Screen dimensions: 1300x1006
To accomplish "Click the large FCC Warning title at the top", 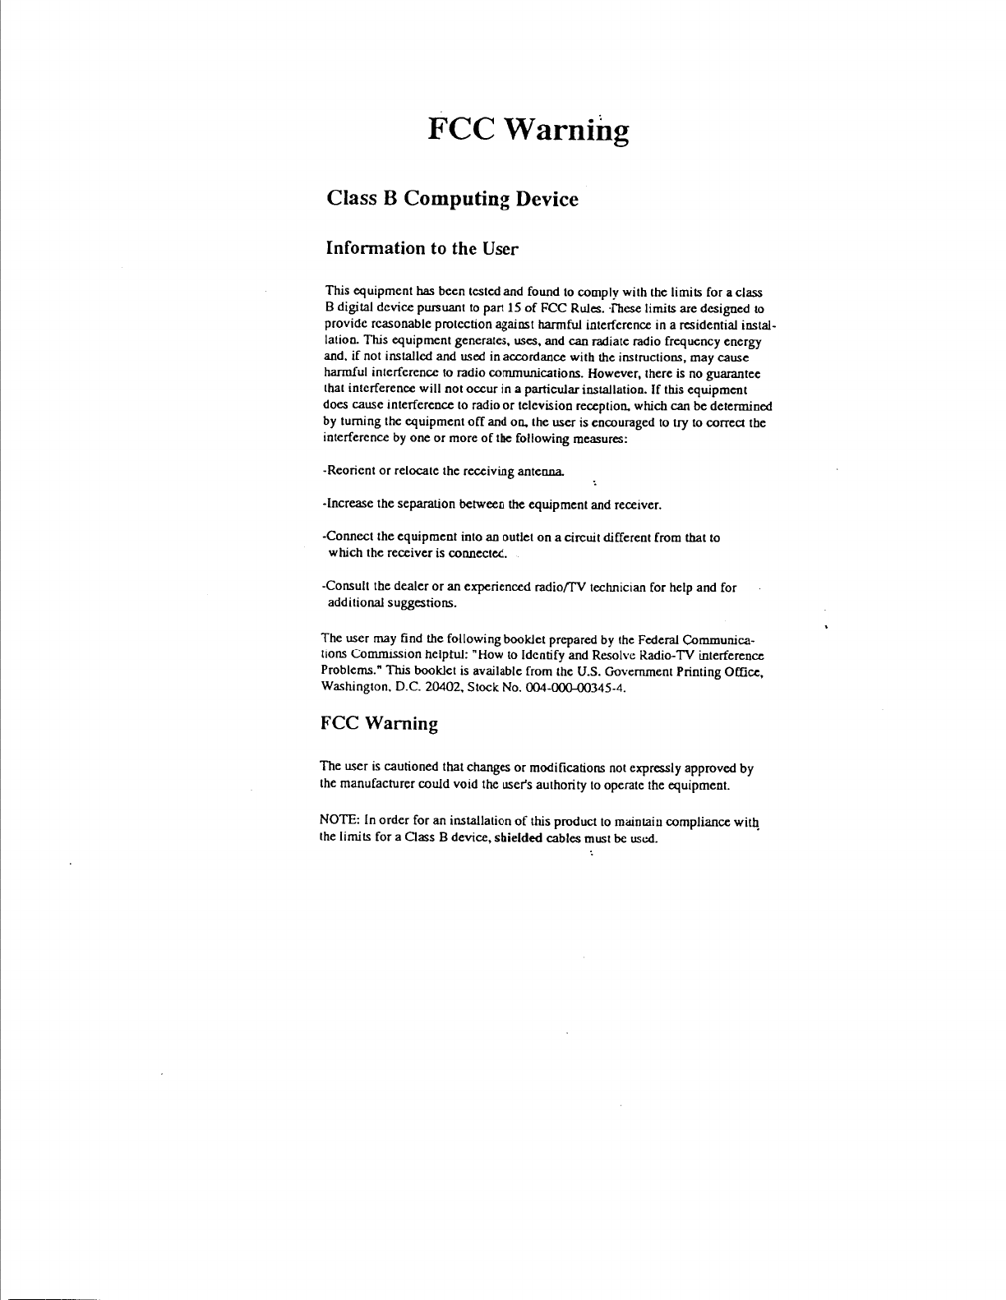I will click(528, 130).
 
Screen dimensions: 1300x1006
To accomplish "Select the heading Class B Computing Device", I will click(452, 200).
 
